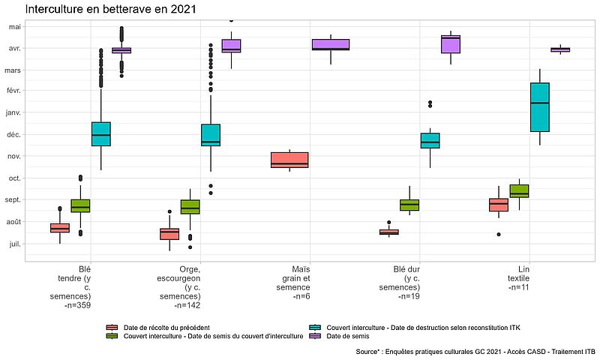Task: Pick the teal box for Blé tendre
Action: [x=101, y=133]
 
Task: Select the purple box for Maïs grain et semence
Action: [x=331, y=44]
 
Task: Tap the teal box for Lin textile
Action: [x=540, y=106]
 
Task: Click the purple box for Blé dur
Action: [x=451, y=44]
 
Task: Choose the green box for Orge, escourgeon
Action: [x=190, y=207]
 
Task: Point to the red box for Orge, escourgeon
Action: [x=169, y=234]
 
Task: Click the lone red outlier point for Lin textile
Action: [x=499, y=234]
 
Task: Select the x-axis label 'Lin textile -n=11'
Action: [x=518, y=277]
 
